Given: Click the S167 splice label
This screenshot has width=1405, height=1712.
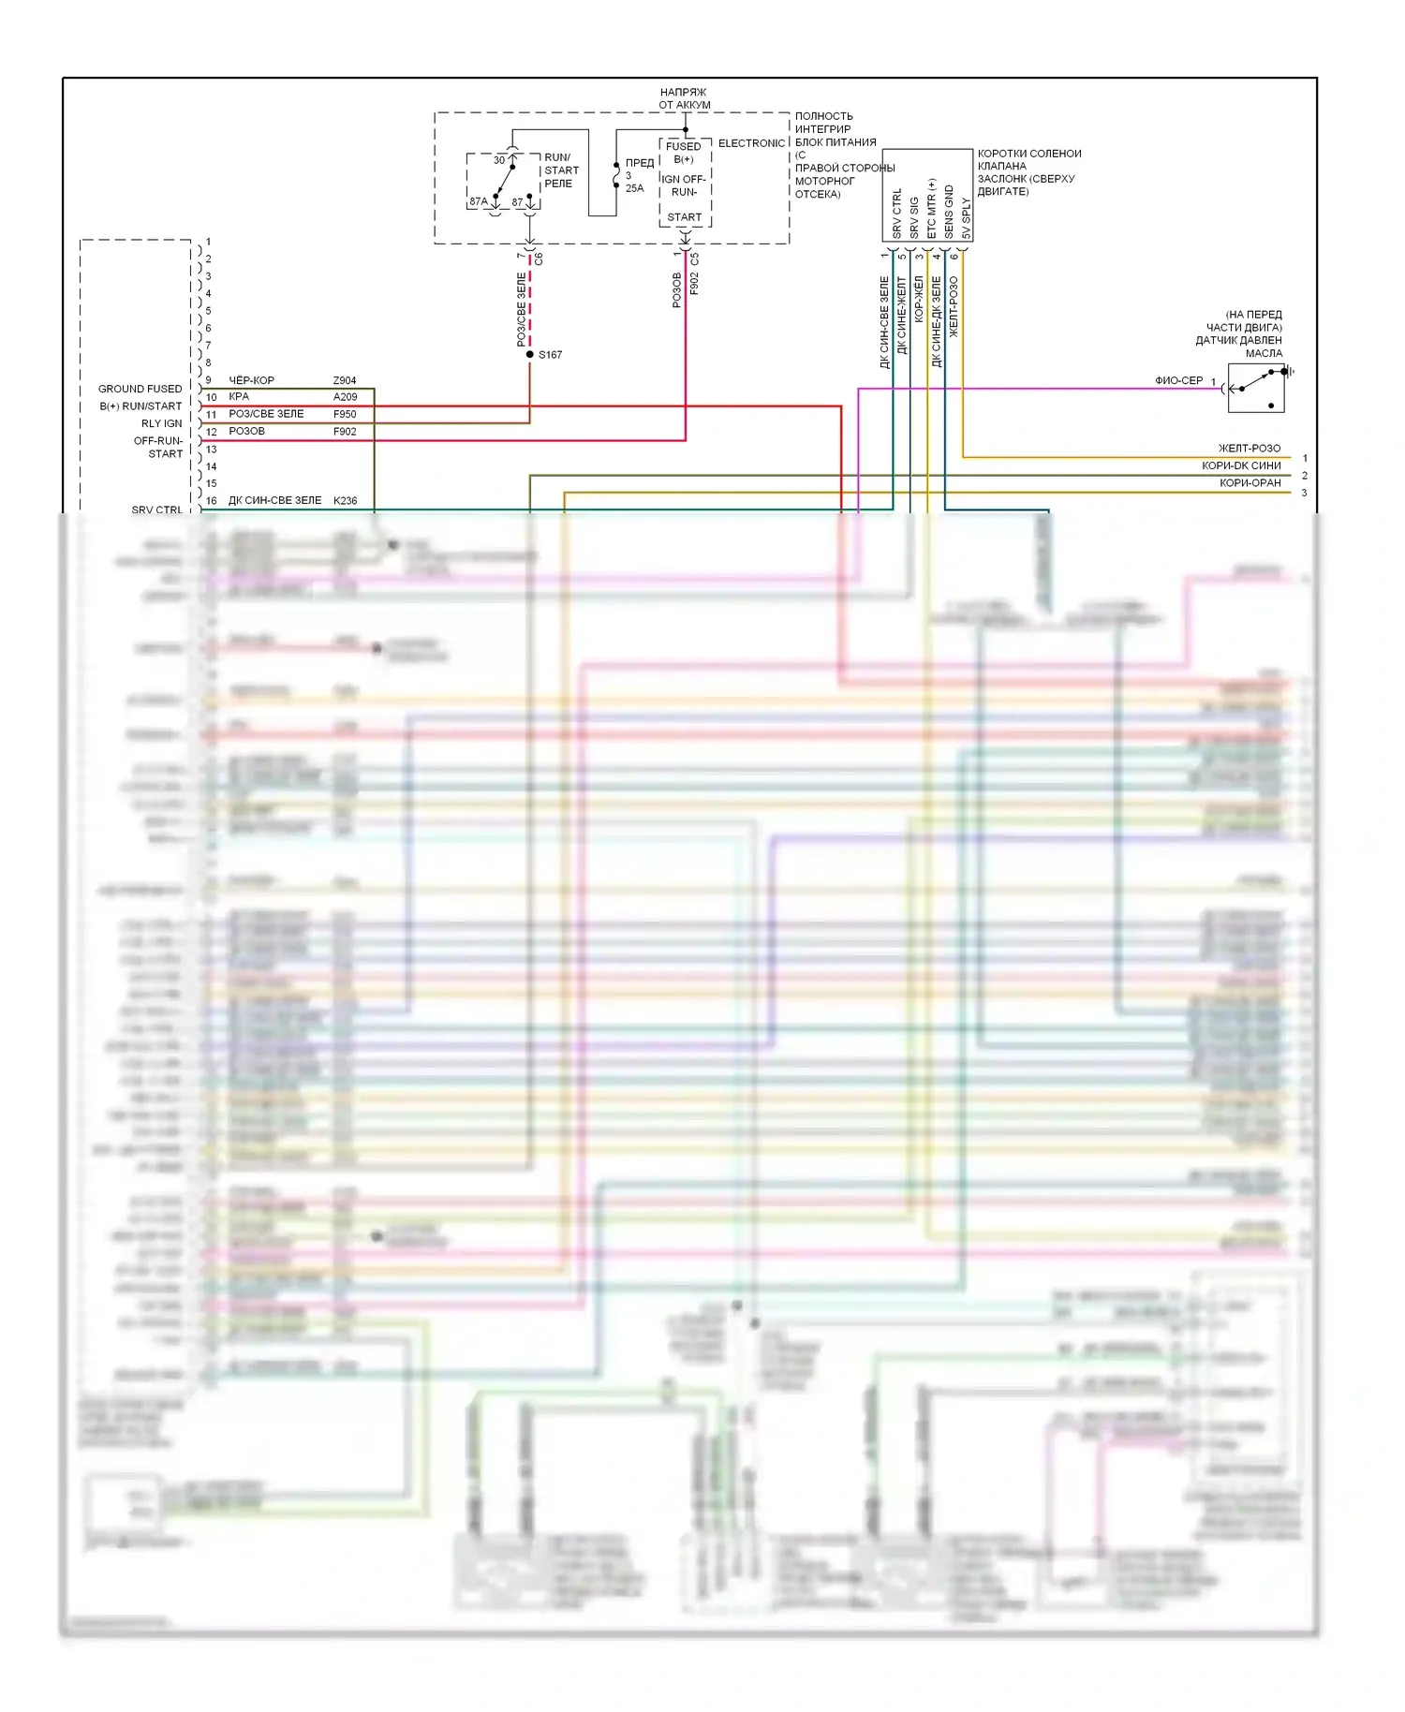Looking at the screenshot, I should point(550,355).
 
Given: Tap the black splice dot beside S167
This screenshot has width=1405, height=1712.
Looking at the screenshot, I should point(530,354).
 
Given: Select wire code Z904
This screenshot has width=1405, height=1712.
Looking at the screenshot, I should point(345,381).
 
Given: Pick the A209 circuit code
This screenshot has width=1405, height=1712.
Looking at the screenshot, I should point(345,397).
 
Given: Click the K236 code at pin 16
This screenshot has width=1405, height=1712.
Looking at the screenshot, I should point(345,501).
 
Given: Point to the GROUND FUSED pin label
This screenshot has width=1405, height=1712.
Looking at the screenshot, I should point(140,389).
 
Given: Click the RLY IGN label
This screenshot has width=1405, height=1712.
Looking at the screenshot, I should point(161,423).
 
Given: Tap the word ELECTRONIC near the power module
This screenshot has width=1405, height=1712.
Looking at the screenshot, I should point(751,143).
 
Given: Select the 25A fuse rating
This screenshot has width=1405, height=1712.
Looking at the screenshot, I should point(634,188).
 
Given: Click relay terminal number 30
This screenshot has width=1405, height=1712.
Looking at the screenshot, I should point(499,160).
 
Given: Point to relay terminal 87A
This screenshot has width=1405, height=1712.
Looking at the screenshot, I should point(478,201).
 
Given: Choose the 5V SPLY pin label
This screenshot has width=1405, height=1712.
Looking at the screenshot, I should point(966,217).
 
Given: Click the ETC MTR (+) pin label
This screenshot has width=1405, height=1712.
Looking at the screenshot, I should point(931,209).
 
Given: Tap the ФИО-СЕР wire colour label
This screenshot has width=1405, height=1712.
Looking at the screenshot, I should point(1178,380).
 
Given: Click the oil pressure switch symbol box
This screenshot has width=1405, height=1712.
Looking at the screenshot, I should point(1256,388).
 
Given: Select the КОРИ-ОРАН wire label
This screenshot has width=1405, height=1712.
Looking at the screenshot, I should point(1250,483).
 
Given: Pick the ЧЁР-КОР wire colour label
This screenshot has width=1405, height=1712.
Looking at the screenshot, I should point(251,381).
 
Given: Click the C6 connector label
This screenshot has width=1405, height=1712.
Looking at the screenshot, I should point(539,258).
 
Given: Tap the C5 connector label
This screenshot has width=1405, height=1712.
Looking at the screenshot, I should point(694,258).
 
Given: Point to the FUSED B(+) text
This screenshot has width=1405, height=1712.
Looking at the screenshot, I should point(684,153).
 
